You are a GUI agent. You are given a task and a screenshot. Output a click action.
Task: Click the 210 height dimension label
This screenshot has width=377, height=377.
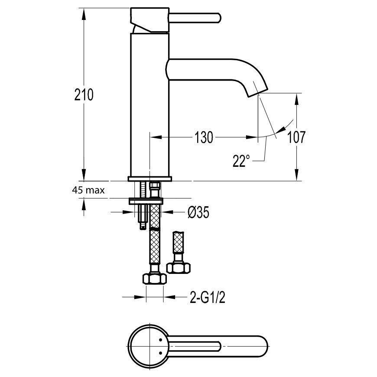[84, 94]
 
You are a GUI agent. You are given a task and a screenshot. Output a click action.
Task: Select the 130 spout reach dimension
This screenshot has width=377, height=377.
[203, 137]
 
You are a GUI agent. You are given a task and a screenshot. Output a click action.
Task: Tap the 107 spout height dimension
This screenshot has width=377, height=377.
[296, 137]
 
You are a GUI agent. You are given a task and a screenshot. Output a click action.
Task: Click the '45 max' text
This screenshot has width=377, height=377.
[88, 190]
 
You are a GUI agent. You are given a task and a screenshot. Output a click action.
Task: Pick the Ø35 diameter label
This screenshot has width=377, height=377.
[198, 212]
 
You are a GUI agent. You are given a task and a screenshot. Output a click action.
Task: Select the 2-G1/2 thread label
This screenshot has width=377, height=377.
[208, 298]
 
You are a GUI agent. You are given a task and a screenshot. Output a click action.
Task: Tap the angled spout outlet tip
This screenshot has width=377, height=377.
[258, 93]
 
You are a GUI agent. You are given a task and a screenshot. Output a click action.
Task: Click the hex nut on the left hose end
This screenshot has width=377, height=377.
[155, 279]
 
